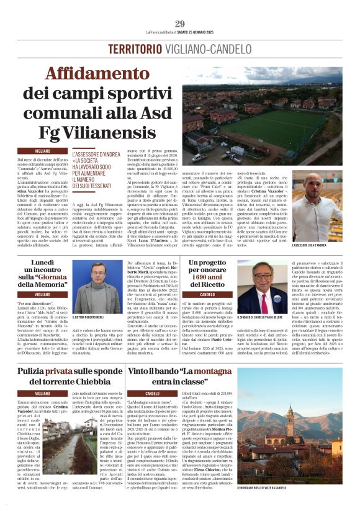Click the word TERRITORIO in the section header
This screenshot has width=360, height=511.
tap(134, 49)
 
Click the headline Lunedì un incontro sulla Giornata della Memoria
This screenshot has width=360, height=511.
tap(42, 274)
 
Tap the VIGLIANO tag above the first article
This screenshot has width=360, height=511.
tap(43, 151)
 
